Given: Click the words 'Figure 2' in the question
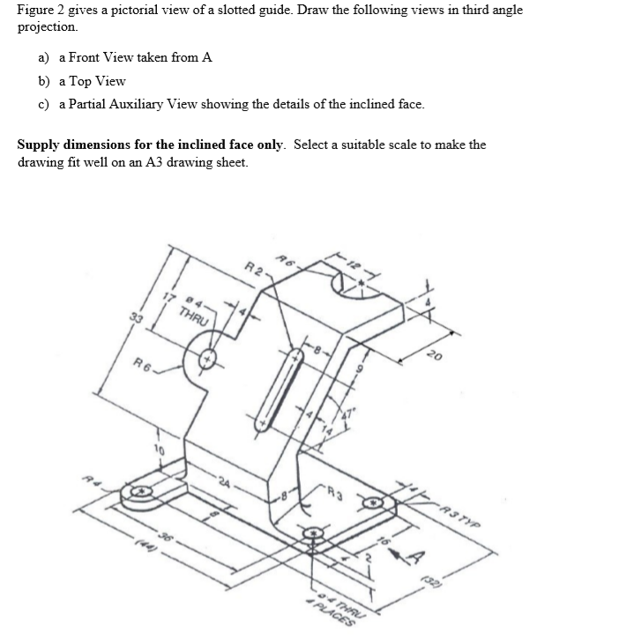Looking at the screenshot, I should coord(41,10).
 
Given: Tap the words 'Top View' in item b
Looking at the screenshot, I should coord(99,81).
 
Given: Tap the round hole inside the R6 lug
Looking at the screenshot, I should coord(209,360).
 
